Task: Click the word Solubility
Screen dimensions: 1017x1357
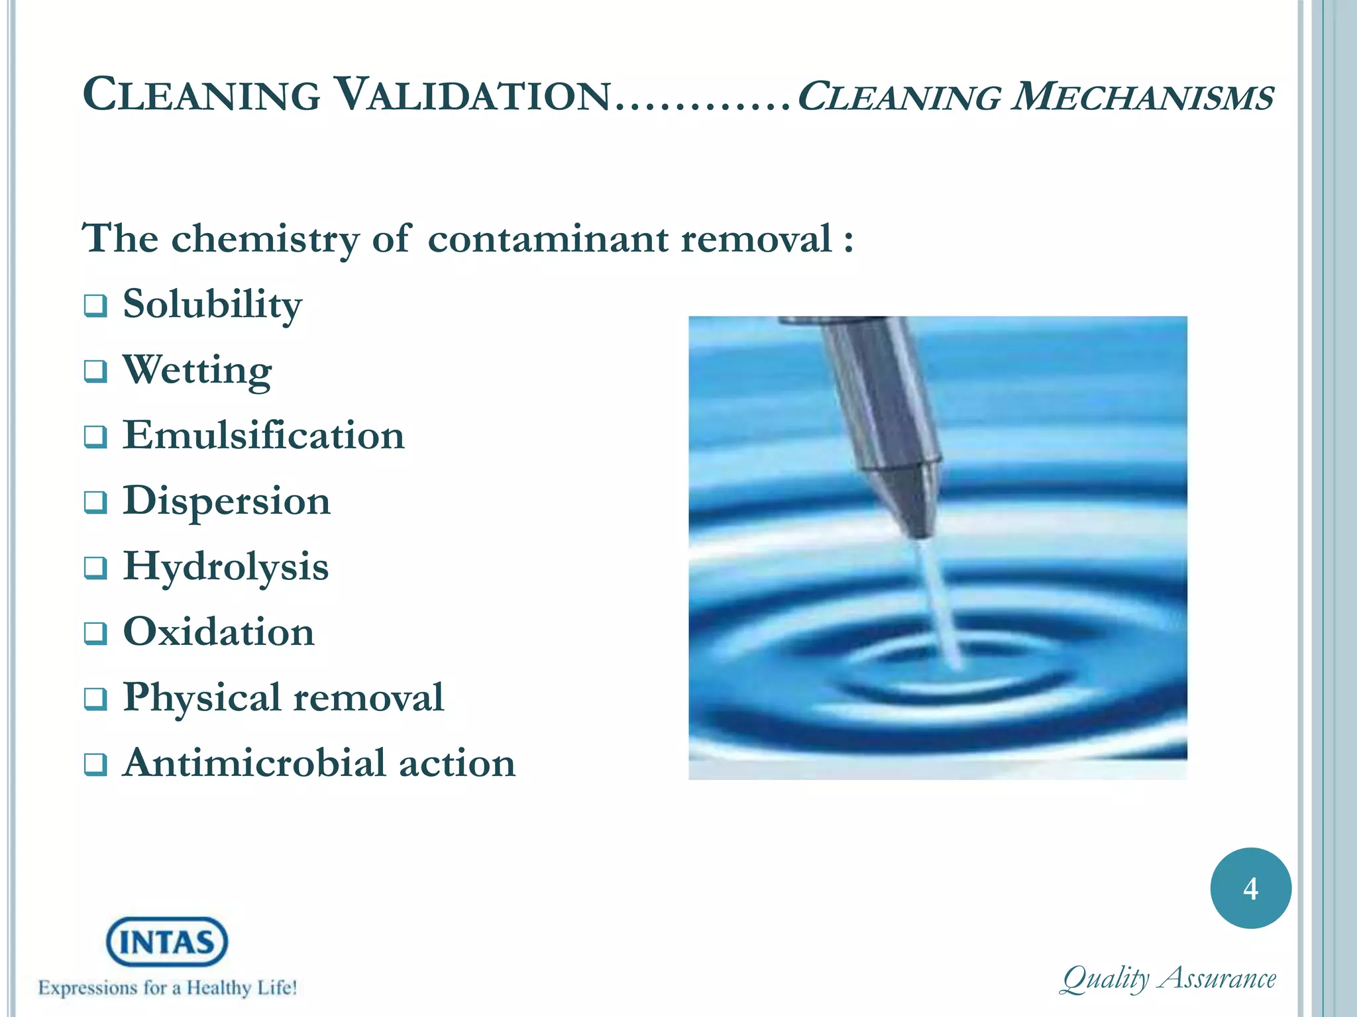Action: [212, 305]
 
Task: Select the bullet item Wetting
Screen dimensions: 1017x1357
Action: [197, 370]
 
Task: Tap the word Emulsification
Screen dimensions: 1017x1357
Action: [264, 436]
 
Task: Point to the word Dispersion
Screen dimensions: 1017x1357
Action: [227, 501]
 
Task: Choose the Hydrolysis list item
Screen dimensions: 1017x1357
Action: [226, 567]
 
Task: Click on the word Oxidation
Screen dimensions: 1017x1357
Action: [219, 632]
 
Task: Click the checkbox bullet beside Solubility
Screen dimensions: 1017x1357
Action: [95, 307]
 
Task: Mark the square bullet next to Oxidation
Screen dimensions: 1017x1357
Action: [95, 634]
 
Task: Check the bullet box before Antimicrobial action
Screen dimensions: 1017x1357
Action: [95, 765]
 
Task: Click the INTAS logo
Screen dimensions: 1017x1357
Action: [167, 942]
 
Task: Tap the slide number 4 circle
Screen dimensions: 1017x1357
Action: [1250, 888]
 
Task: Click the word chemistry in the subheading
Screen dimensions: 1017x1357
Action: [265, 238]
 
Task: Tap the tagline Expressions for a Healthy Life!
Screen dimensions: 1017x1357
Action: [168, 988]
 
